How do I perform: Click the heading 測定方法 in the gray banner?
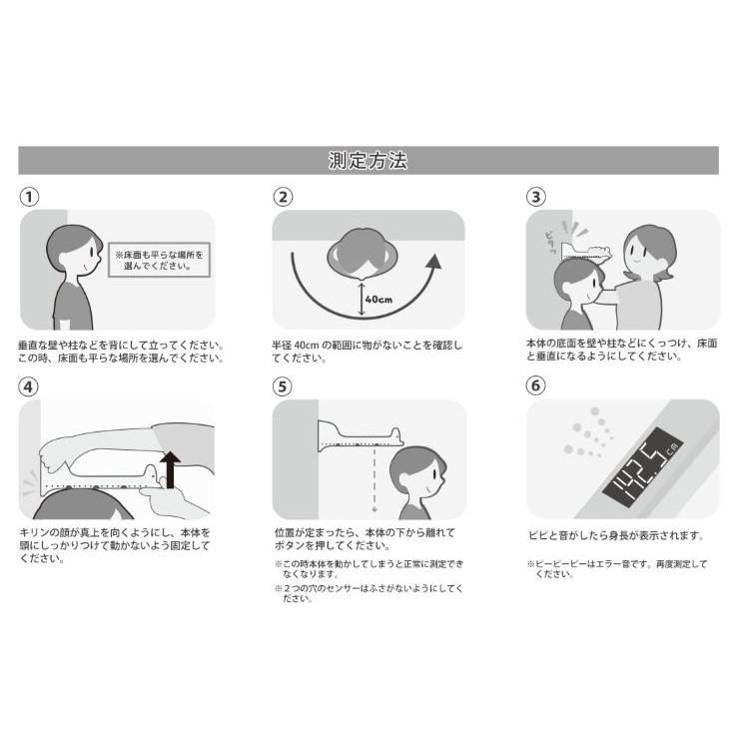368,160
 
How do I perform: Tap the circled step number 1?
29,197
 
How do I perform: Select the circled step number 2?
283,197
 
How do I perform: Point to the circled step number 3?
536,197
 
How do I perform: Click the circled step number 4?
28,386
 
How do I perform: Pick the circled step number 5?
283,386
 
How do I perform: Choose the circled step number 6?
535,385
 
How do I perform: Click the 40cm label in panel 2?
378,300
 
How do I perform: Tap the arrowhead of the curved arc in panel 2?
434,262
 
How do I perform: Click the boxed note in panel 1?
160,260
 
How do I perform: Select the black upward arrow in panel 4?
170,469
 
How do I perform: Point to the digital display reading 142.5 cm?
643,467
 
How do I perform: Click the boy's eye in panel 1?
92,252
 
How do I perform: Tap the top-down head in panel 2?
363,255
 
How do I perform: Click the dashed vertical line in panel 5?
374,478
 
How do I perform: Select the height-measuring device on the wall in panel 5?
361,436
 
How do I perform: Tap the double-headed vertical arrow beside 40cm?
362,298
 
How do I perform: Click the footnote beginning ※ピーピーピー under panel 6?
617,568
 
